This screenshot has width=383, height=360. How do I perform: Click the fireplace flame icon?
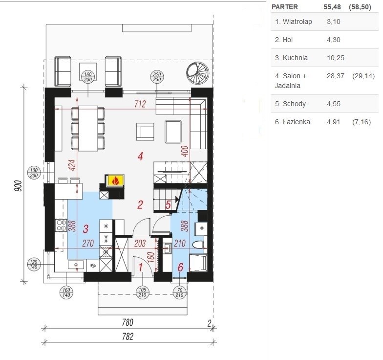pyautogui.click(x=115, y=181)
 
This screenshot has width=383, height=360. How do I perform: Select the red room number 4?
pyautogui.click(x=140, y=157)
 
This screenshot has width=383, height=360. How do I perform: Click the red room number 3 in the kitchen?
pyautogui.click(x=86, y=229)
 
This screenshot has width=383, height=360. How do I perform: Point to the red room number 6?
pyautogui.click(x=181, y=267)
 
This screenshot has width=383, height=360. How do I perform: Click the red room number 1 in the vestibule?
pyautogui.click(x=141, y=267)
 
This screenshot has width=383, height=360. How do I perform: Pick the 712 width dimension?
pyautogui.click(x=140, y=104)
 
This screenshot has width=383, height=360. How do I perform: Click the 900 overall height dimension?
pyautogui.click(x=19, y=186)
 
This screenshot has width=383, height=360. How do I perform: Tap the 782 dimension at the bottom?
pyautogui.click(x=128, y=337)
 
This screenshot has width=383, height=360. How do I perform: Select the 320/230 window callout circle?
pyautogui.click(x=157, y=77)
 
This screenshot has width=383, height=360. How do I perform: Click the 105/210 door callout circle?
pyautogui.click(x=143, y=292)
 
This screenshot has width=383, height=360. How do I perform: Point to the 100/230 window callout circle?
pyautogui.click(x=34, y=173)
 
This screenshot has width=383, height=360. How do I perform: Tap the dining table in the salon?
pyautogui.click(x=88, y=128)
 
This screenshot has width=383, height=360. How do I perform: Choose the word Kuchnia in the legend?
pyautogui.click(x=295, y=58)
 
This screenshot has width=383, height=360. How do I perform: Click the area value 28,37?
pyautogui.click(x=335, y=76)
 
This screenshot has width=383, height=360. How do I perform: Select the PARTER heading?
pyautogui.click(x=284, y=7)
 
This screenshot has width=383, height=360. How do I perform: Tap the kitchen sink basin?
pyautogui.click(x=76, y=265)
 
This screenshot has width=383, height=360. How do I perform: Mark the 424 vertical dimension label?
pyautogui.click(x=72, y=165)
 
